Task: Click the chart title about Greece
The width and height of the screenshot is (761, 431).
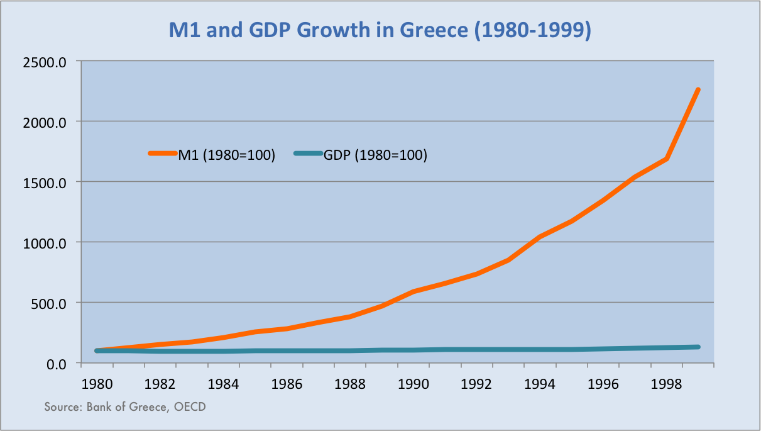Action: coord(380,30)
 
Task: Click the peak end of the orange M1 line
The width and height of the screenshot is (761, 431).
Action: coord(698,90)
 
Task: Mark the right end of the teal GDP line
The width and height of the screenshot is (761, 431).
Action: coord(698,347)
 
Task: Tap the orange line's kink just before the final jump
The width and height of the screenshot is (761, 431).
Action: coord(666,159)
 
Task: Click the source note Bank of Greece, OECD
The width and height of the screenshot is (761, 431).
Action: coord(125,407)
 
